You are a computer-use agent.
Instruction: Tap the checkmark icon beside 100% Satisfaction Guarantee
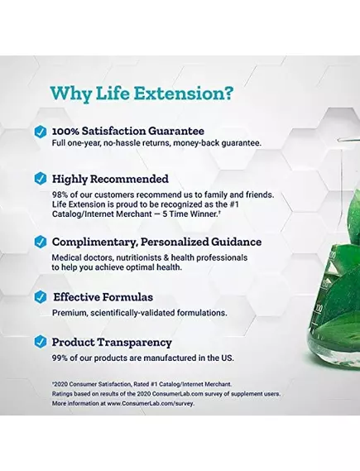point(39,131)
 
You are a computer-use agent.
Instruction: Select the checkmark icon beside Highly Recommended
point(39,178)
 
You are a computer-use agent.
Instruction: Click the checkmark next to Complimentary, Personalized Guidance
point(39,242)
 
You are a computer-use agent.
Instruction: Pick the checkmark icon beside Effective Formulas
point(39,297)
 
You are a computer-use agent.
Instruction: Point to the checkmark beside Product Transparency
point(39,342)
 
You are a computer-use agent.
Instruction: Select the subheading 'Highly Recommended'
point(110,178)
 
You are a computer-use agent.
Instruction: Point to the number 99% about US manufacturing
point(61,358)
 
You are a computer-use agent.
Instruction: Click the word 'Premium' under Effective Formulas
point(69,313)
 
